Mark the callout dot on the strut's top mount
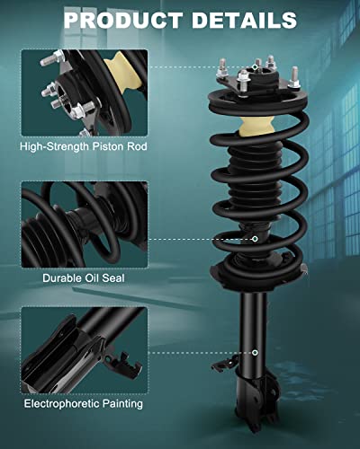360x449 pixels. tap(256, 66)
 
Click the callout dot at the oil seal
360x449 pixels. tap(256, 239)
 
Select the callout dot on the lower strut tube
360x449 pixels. tap(256, 353)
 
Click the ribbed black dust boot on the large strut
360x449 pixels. tap(254, 184)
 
